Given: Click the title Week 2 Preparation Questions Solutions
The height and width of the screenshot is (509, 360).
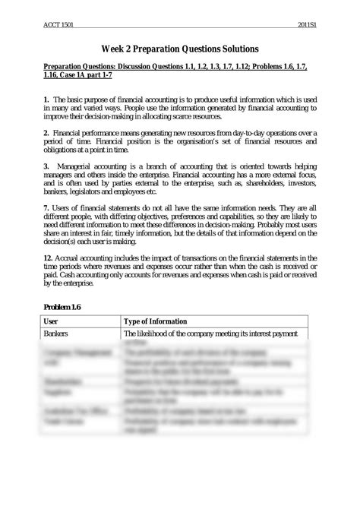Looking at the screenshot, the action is tap(179, 48).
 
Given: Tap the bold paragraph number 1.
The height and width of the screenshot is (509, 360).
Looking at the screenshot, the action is tap(46, 100).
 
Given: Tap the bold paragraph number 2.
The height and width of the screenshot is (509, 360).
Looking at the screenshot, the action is tap(46, 133).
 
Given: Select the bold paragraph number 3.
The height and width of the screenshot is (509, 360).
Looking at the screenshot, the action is tap(46, 166).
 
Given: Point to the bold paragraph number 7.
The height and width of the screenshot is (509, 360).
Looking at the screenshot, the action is tap(46, 207).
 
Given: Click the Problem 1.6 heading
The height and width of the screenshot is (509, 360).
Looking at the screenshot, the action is tap(62, 306).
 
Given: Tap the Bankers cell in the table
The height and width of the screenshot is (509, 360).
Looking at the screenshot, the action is tap(57, 334).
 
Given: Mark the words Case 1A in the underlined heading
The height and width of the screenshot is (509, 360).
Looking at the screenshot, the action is tap(76, 77).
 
